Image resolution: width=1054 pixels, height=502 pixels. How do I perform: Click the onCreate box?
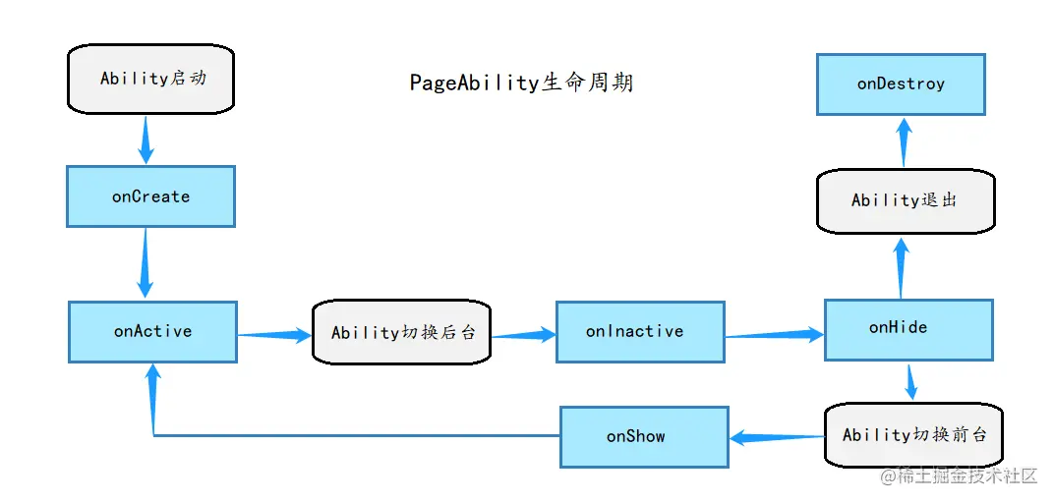click(150, 196)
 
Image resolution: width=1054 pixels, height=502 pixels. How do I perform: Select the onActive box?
click(152, 332)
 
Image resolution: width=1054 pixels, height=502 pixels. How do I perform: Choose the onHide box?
click(908, 329)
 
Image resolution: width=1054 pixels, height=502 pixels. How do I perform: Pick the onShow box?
click(644, 437)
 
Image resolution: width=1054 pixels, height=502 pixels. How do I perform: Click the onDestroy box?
click(901, 84)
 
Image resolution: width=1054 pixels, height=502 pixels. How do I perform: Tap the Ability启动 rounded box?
click(151, 79)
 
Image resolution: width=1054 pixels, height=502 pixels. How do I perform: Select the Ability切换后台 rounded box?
click(402, 333)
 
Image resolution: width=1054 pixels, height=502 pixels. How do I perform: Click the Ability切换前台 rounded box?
click(913, 434)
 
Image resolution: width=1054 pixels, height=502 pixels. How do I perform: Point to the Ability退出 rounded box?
click(906, 200)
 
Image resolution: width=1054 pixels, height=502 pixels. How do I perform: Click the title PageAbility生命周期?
click(521, 83)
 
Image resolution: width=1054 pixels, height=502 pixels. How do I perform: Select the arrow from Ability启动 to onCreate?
click(146, 139)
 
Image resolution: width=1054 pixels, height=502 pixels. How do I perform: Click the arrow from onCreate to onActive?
click(146, 263)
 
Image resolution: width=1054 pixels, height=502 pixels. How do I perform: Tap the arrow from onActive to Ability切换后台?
click(274, 335)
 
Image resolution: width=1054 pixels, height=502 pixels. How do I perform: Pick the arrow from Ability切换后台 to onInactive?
click(523, 335)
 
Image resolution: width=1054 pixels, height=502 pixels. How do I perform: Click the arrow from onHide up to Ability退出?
click(901, 266)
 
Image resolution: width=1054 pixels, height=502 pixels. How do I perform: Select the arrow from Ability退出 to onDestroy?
click(904, 142)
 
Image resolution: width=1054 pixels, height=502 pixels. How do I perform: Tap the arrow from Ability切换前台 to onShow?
click(776, 437)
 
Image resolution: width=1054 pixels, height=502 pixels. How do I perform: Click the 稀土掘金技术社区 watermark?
click(959, 476)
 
